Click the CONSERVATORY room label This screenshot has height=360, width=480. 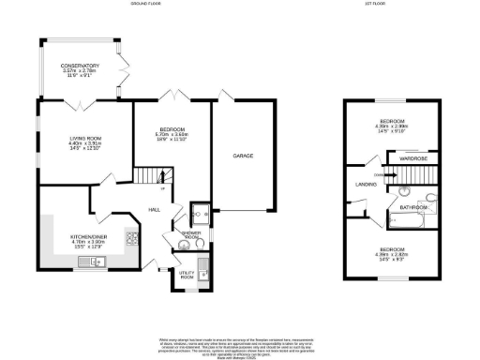[x=80, y=66]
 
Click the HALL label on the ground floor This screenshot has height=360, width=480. [x=155, y=211]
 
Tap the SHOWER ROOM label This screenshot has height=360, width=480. [x=191, y=234]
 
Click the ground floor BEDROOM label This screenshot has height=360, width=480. [x=172, y=128]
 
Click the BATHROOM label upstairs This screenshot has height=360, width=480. [x=413, y=206]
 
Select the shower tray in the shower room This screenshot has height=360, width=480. [x=199, y=211]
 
